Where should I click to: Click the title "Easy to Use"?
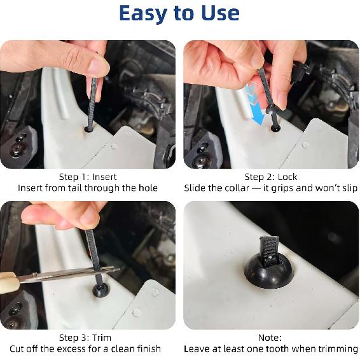[x=179, y=13]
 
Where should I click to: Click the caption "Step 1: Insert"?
[x=88, y=177]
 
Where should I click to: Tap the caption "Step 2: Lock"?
[x=270, y=177]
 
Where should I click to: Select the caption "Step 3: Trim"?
[x=88, y=337]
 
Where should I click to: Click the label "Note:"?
[x=270, y=337]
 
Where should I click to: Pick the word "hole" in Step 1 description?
[x=146, y=188]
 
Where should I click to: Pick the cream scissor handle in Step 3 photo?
[x=8, y=279]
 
